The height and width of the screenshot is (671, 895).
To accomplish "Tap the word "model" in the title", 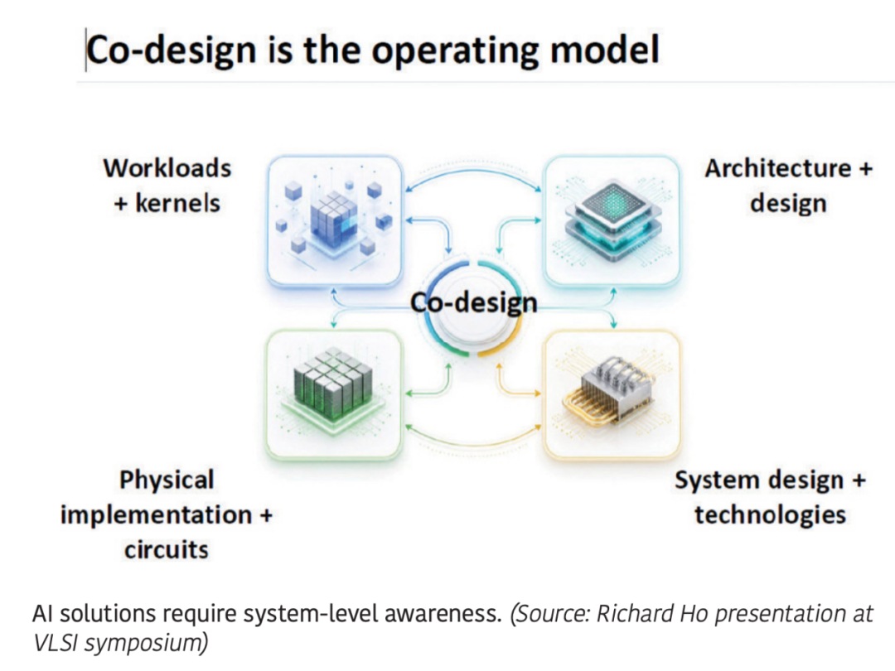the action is pyautogui.click(x=604, y=49).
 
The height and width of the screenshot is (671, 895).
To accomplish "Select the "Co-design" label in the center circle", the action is pyautogui.click(x=474, y=302).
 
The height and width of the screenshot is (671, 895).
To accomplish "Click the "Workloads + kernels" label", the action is pyautogui.click(x=167, y=186).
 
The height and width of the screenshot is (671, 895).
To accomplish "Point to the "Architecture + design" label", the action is pyautogui.click(x=788, y=186).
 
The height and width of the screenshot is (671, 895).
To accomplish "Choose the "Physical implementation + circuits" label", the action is pyautogui.click(x=167, y=514).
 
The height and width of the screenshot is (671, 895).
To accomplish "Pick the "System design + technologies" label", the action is pyautogui.click(x=770, y=498).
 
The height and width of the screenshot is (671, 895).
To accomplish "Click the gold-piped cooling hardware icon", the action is pyautogui.click(x=612, y=394).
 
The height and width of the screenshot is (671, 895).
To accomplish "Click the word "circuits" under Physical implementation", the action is pyautogui.click(x=167, y=550).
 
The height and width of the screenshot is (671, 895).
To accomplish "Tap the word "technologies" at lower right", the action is pyautogui.click(x=770, y=514).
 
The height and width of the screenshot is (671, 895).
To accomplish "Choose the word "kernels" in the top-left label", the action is pyautogui.click(x=177, y=203).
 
